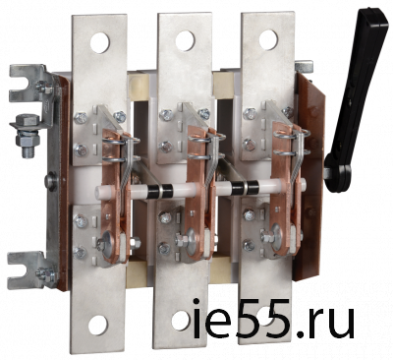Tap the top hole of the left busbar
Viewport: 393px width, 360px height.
tap(100, 42)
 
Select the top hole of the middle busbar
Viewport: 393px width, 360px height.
tap(185, 40)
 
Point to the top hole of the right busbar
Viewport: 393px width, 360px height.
tap(268, 39)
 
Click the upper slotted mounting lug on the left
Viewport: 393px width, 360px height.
tap(28, 83)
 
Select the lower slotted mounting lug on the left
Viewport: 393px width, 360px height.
tap(28, 270)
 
